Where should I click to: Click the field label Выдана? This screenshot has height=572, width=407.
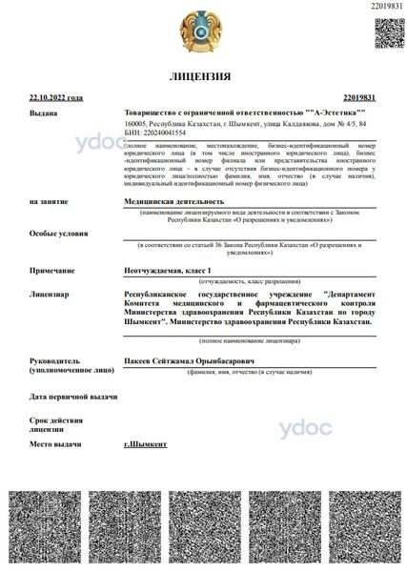click(45, 112)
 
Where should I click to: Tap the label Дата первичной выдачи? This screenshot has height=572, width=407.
click(72, 396)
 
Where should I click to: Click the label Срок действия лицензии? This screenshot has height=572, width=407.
click(54, 424)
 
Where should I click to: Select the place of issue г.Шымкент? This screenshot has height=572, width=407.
click(146, 445)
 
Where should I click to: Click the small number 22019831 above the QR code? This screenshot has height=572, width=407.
click(385, 7)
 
